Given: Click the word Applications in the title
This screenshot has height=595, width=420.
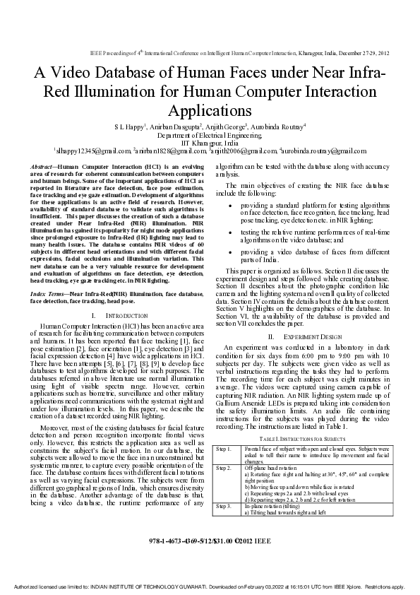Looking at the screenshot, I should (210, 110).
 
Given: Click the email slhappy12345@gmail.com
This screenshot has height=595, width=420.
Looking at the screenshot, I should (92, 151).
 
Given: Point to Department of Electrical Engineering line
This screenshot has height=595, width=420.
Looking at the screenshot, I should (210, 134).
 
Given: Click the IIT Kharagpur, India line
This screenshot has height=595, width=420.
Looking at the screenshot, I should (210, 142).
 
